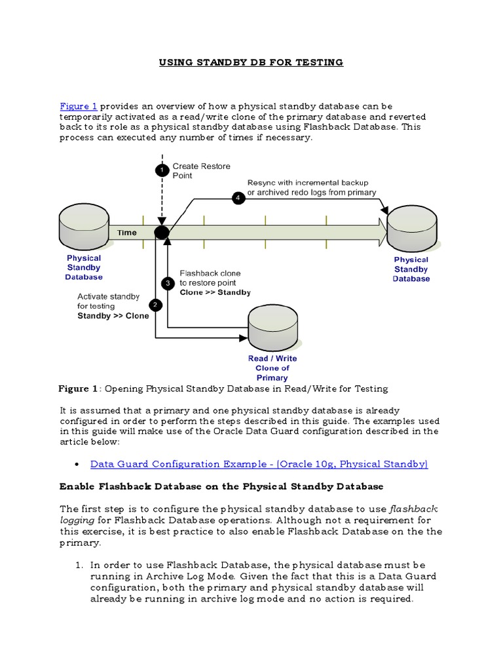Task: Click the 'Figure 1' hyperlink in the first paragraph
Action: click(x=78, y=106)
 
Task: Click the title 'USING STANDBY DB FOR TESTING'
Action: click(x=251, y=62)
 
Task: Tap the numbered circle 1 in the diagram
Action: click(x=162, y=170)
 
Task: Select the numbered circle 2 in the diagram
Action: click(x=155, y=305)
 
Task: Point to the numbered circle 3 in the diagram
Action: click(x=168, y=283)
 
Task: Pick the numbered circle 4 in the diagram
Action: click(x=238, y=197)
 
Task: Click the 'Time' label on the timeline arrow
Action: click(x=127, y=233)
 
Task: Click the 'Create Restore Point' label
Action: click(x=201, y=171)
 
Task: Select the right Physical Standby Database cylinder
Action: click(x=411, y=229)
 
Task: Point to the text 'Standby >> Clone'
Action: click(x=113, y=316)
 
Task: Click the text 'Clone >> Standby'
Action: click(x=215, y=292)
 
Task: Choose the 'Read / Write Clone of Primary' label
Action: click(x=272, y=368)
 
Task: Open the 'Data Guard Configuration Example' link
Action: click(x=259, y=464)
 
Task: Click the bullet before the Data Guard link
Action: click(x=77, y=465)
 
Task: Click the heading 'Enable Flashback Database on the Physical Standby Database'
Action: click(x=221, y=487)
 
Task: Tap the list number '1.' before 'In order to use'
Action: click(x=78, y=564)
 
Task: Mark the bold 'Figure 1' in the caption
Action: click(x=78, y=389)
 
